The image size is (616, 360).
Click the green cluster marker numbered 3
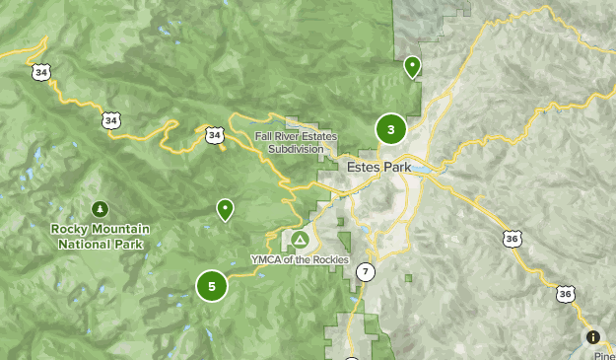390,129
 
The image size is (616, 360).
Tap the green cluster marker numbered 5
212,286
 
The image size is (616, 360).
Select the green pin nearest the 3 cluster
412,66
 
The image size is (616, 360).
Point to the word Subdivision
296,149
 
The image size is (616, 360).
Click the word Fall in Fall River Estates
265,136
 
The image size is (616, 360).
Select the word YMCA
266,260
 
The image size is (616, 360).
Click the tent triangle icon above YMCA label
299,240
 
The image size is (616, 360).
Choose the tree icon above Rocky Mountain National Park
100,209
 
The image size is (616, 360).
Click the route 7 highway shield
365,272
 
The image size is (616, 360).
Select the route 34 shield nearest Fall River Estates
214,133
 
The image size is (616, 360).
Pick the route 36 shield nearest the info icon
564,293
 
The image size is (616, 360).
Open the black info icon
593,337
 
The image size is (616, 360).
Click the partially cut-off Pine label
604,355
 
